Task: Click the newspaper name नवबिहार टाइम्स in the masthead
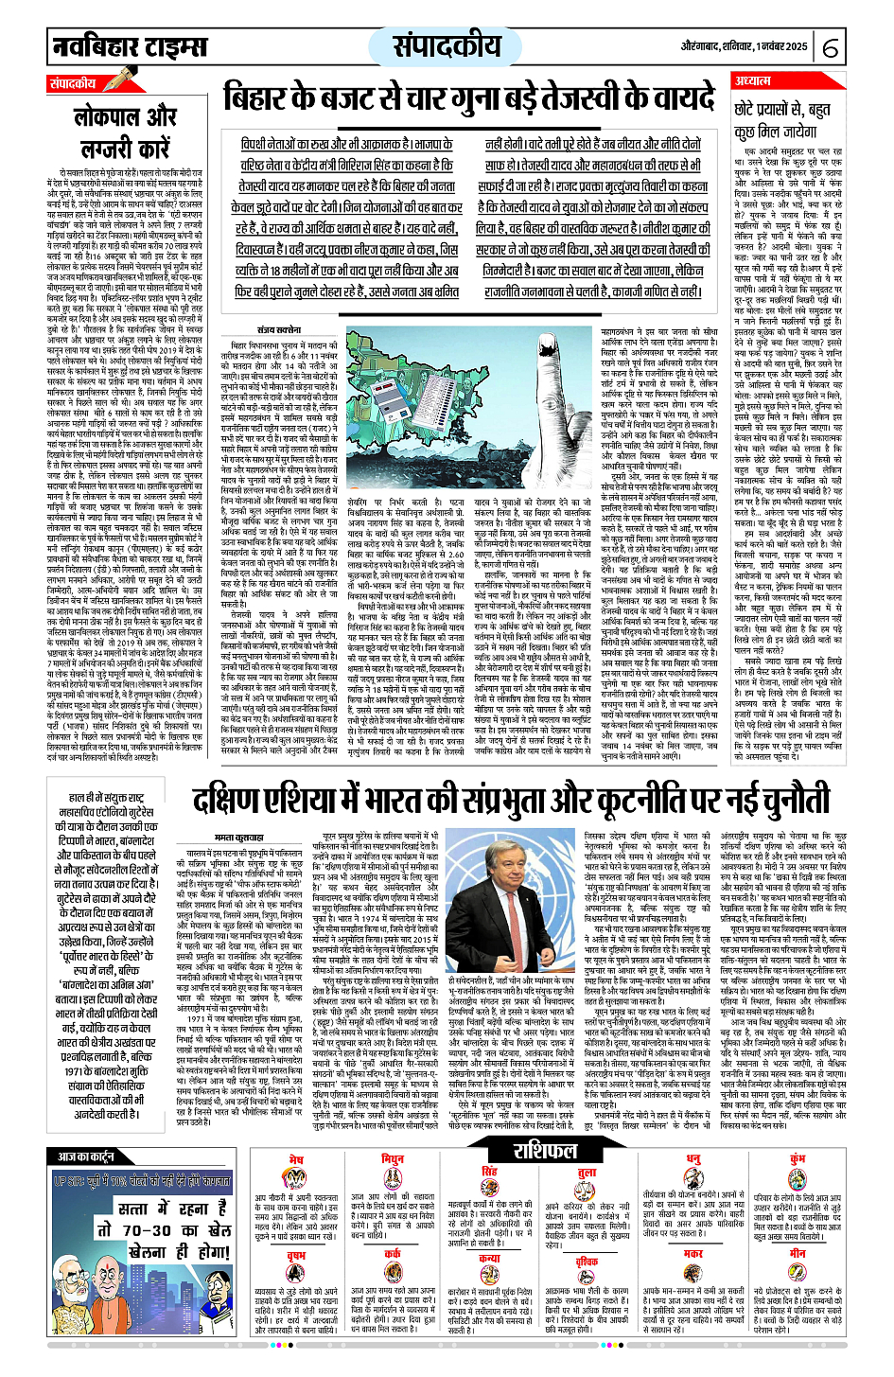click(130, 47)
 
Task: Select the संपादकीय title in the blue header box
click(447, 46)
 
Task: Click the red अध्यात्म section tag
click(753, 81)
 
